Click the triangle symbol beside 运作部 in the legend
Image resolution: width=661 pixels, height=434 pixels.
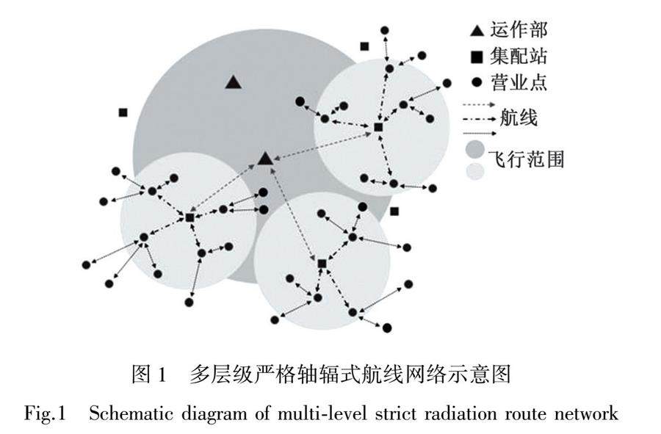coord(477,32)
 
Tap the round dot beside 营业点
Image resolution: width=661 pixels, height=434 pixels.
coord(477,81)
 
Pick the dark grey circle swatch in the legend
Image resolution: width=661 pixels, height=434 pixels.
coord(474,150)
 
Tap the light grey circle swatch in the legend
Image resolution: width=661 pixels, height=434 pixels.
coord(474,172)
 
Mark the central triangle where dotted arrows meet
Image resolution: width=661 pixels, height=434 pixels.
coord(265,158)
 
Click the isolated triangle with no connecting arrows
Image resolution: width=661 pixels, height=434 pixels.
coord(233,82)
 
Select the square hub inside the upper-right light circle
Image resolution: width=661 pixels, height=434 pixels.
coord(378,128)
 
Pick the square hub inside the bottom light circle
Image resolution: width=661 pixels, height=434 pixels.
coord(322,263)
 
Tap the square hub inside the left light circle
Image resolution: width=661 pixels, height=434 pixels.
coord(189,218)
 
